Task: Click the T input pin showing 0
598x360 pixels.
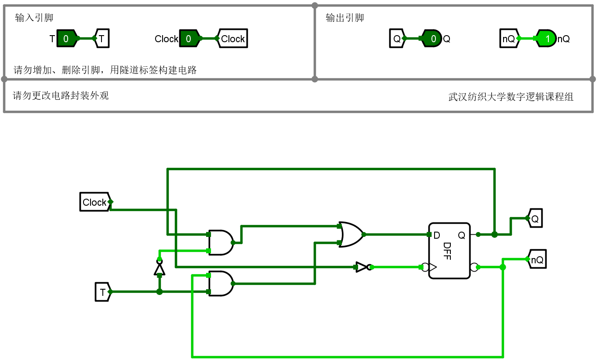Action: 66,39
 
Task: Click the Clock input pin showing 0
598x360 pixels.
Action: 189,39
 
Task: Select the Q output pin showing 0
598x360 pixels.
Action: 432,39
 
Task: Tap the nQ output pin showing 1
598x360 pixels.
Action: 546,39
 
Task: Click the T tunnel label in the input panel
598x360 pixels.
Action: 102,39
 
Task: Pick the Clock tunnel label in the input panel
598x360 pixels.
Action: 232,39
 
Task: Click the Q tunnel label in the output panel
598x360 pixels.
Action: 397,39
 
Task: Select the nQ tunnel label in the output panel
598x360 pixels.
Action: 508,39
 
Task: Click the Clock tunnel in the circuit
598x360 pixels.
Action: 95,202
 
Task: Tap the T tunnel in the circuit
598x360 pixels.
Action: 102,292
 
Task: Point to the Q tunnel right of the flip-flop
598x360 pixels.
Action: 535,218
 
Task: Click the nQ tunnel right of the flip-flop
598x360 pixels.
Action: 537,260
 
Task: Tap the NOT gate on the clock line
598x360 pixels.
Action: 363,267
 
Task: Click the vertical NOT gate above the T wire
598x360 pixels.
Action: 159,268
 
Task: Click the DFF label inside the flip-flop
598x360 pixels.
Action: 447,251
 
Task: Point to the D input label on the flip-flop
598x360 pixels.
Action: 437,236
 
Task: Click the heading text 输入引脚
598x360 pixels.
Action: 34,18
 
